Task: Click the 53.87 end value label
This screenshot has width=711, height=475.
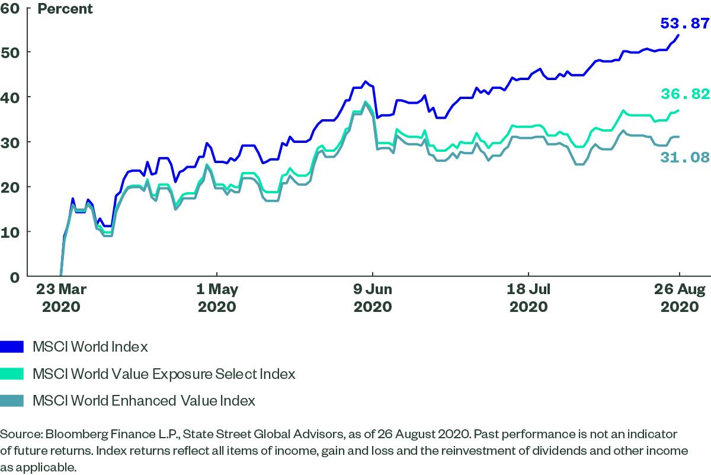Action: coord(684,24)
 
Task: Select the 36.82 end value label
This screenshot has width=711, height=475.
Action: coord(684,95)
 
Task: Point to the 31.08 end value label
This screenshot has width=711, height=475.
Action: coord(684,157)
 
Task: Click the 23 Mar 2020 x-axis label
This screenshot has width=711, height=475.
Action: coord(60,298)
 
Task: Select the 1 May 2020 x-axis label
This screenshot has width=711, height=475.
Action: coord(217,298)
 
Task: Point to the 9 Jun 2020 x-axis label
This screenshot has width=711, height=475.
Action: coord(373,298)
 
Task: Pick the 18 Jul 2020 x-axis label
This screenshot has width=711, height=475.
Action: coord(529,298)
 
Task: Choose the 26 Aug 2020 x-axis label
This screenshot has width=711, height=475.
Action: coord(679,298)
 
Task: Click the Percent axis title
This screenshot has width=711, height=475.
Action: coord(65,9)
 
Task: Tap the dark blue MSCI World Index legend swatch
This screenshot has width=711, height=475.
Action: coord(12,346)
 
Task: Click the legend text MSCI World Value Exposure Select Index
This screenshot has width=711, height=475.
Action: coord(164,374)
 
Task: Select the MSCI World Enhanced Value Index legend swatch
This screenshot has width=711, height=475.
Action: coord(12,401)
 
